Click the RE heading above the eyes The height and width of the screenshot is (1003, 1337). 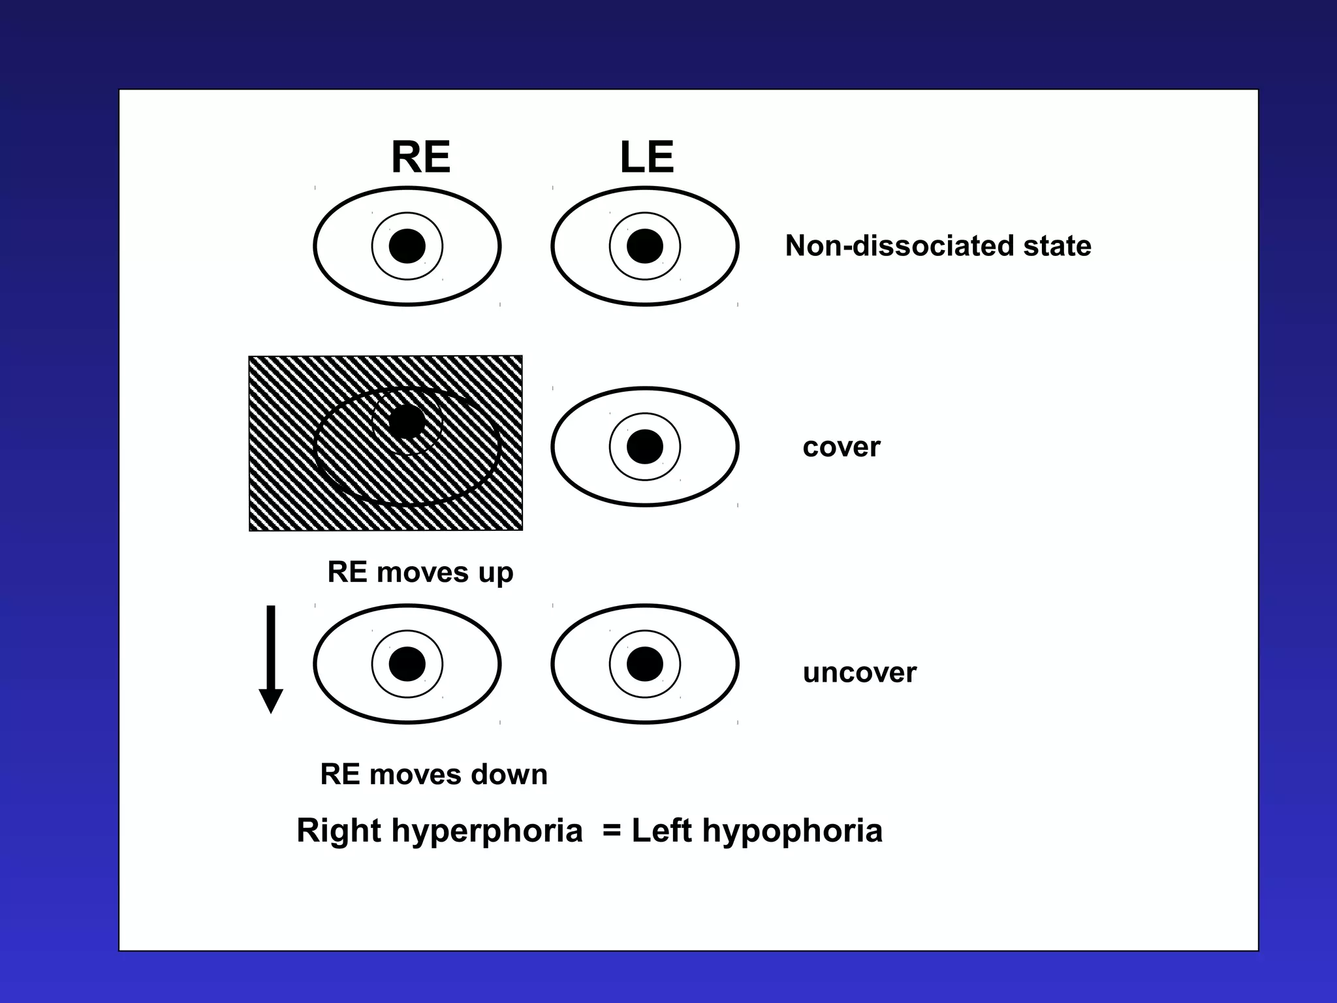(x=420, y=157)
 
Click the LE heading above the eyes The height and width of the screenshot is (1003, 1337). (x=646, y=157)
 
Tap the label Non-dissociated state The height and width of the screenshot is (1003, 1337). (x=937, y=246)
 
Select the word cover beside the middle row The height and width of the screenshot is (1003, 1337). (x=842, y=447)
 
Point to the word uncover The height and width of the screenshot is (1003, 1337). (x=859, y=673)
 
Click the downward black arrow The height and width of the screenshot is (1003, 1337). (x=271, y=660)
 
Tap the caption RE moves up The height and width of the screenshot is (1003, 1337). (x=420, y=573)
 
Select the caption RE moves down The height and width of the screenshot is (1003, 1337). (x=433, y=774)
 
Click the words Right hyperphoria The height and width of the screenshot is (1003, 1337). (x=439, y=831)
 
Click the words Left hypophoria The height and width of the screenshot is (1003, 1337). (x=757, y=831)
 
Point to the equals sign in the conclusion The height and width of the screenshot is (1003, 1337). (x=612, y=831)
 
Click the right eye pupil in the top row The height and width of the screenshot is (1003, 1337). (x=407, y=246)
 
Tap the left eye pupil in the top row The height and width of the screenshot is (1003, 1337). (x=645, y=246)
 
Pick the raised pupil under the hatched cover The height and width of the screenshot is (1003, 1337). (x=407, y=421)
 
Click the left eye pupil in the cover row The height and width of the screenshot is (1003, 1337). (x=645, y=447)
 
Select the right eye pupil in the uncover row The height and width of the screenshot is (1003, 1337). (x=407, y=664)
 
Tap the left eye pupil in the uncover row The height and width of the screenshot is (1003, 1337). (x=645, y=664)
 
